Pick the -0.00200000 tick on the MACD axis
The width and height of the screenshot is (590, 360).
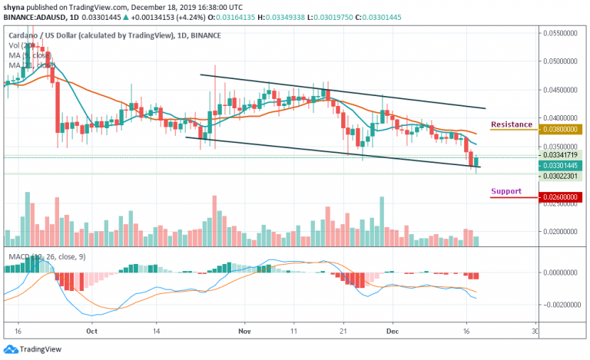[x=559, y=305]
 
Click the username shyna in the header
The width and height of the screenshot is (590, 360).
[x=15, y=5]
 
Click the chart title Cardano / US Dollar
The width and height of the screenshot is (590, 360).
[x=53, y=35]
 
